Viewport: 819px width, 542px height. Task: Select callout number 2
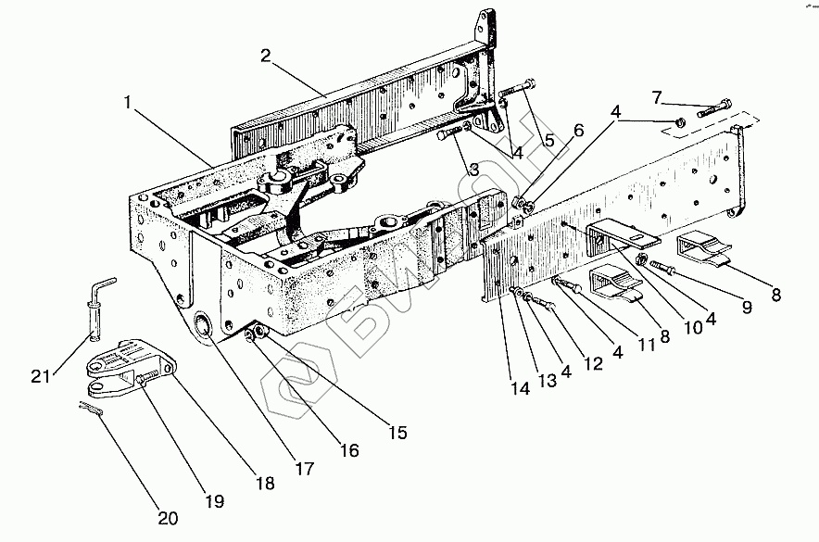(265, 56)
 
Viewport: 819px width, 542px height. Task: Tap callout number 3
(473, 169)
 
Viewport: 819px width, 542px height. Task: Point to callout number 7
(657, 96)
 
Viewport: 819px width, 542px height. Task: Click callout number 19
(215, 501)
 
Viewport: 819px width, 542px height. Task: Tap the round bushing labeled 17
(203, 325)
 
